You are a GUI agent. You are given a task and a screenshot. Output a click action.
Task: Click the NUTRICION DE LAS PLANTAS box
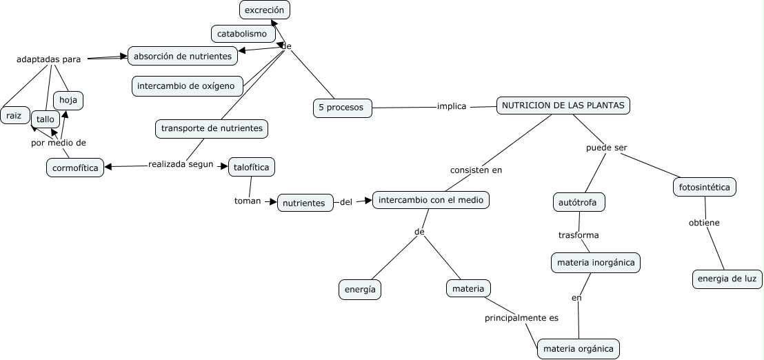coord(563,106)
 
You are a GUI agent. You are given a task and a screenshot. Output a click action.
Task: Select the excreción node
coord(265,10)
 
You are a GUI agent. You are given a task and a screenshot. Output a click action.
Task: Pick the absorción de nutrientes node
coord(183,56)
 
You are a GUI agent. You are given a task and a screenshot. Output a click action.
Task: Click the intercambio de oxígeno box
coord(188,86)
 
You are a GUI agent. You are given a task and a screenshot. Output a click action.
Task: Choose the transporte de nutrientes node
coord(212,128)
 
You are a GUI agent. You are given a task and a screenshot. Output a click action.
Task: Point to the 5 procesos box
coord(342,108)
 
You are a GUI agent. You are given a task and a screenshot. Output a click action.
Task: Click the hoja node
coord(68,101)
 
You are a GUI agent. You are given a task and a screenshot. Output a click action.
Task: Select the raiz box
coord(14,115)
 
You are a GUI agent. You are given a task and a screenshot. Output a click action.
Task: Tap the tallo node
coord(46,119)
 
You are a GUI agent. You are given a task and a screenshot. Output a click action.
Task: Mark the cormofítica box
coord(75,168)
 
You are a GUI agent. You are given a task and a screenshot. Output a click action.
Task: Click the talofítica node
coord(252,167)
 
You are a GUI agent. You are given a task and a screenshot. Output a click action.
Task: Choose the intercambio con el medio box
coord(431,200)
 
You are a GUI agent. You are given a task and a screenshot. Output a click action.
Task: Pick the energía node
coord(360,290)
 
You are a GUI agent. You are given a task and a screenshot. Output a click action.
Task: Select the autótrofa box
coord(579,202)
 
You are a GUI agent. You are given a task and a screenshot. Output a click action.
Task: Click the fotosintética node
coord(705,187)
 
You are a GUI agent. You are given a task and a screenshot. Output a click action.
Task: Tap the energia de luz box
coord(727,279)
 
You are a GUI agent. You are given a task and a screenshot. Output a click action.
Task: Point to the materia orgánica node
coord(579,349)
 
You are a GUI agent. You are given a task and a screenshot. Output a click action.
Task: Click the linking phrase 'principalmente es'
coord(521,318)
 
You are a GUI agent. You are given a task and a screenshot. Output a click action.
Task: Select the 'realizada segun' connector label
coord(181,164)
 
